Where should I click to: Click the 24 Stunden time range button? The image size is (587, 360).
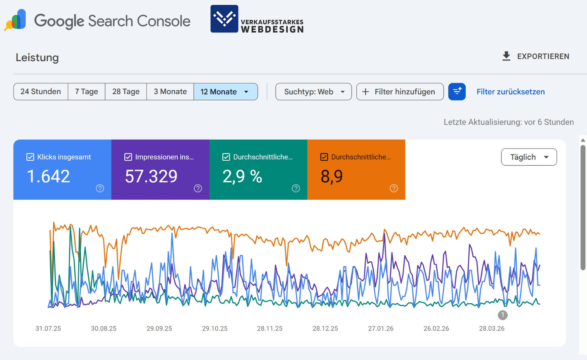coord(41,92)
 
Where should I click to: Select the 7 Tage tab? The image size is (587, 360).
coord(87,92)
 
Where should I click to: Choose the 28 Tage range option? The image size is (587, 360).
coord(126,92)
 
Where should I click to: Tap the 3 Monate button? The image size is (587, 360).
coord(170,92)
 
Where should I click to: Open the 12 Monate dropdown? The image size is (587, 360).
coord(226,92)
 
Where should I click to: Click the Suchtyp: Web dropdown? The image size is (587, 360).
coord(314,92)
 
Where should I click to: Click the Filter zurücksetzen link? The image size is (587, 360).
coord(510,92)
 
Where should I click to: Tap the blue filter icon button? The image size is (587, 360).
coord(457,92)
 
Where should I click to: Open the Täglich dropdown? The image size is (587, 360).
coord(529,157)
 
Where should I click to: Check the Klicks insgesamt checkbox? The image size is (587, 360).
coord(30,157)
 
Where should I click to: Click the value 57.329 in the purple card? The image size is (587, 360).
coord(151,177)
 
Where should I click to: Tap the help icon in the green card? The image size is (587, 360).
coord(296,188)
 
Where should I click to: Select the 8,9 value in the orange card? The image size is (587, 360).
coord(331,177)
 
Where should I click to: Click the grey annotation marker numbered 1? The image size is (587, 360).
coord(503,315)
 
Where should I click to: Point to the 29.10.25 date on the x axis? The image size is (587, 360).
coord(215,329)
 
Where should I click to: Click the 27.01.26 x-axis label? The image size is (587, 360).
coord(381,329)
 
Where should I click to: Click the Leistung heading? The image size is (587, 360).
coord(37,57)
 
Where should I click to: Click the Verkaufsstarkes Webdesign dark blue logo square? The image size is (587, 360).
coord(224,19)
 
